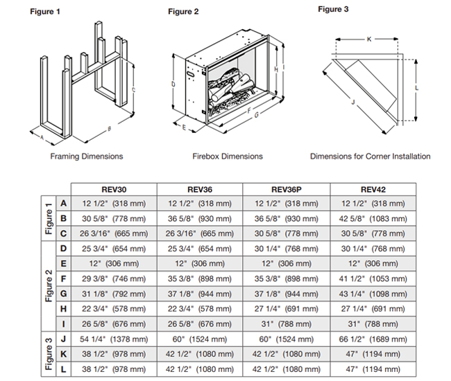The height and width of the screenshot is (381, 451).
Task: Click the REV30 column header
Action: tap(114, 189)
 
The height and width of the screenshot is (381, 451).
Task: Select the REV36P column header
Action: tap(286, 189)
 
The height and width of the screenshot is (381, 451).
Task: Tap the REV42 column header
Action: tap(372, 189)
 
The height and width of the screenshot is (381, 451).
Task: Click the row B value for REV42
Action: tap(372, 218)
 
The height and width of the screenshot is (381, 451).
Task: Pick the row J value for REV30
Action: tap(114, 339)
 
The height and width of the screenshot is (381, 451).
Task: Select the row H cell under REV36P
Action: tap(286, 308)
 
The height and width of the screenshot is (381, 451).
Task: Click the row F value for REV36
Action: tap(200, 278)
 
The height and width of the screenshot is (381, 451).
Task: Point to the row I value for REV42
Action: tap(372, 324)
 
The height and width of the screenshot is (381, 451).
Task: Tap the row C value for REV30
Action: tap(114, 233)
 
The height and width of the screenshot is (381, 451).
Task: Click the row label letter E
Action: tap(63, 263)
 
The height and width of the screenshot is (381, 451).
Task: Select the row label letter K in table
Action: tap(63, 353)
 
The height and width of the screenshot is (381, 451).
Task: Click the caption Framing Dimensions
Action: tap(87, 156)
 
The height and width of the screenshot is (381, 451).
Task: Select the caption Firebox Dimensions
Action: tap(228, 156)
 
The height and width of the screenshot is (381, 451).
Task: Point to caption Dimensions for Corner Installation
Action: tap(370, 156)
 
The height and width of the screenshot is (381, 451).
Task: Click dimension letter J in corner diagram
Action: tap(352, 102)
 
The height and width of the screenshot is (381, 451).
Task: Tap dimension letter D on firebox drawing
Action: tap(173, 85)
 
